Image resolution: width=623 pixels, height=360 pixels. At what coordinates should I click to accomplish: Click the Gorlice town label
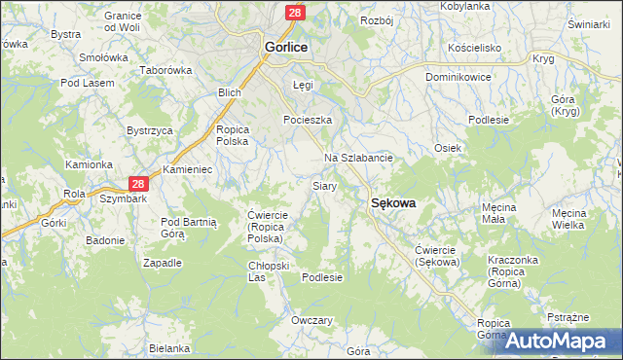(287, 46)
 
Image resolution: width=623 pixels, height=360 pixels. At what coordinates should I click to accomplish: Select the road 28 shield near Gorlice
(295, 12)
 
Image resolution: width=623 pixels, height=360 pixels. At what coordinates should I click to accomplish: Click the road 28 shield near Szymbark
(138, 183)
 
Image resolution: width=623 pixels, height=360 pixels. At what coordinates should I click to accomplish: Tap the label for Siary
(324, 185)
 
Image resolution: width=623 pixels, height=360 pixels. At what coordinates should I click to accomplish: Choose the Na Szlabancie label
(357, 158)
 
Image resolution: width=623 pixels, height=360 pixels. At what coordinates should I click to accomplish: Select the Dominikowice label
(458, 76)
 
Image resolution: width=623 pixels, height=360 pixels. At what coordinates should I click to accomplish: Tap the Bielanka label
(169, 348)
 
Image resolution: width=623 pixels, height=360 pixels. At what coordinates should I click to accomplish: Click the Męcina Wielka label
(580, 218)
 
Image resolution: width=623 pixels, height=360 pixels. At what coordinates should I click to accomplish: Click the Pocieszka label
(308, 120)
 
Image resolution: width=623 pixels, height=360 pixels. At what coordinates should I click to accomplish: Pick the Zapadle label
(163, 263)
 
